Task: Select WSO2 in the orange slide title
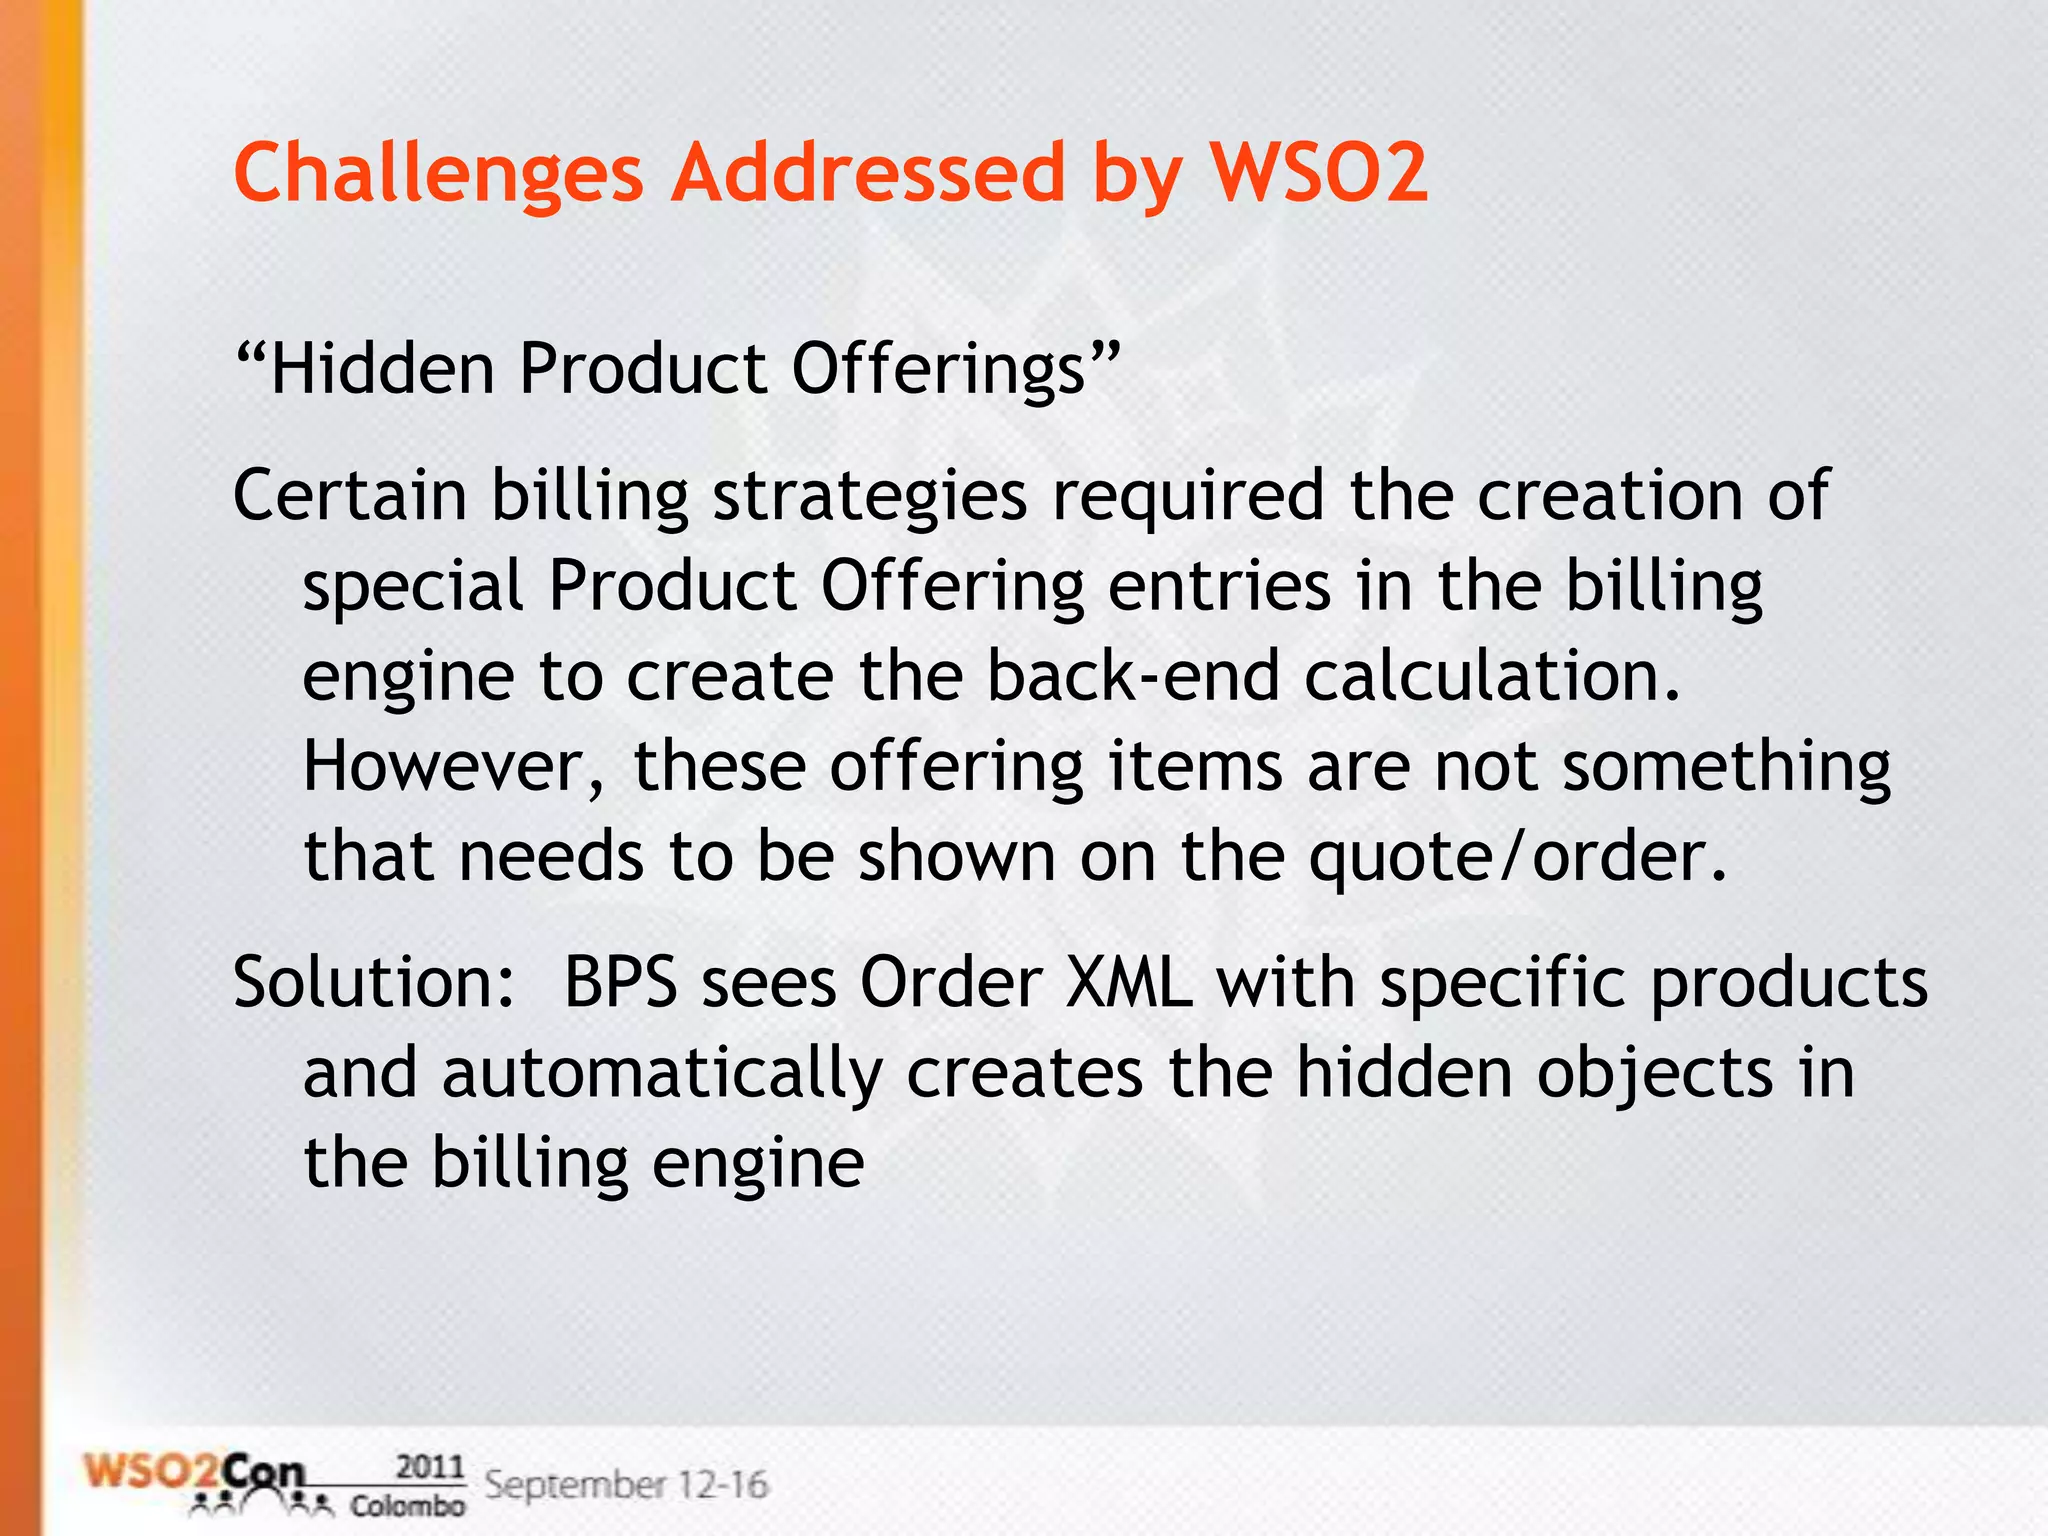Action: coord(1319,172)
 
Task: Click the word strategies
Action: coord(869,497)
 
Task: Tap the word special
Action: coord(413,587)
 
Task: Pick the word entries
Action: coord(1219,586)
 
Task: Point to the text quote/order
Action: coord(1518,858)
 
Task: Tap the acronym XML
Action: coord(1130,982)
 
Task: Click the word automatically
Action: coord(662,1073)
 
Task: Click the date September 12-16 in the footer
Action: coord(626,1484)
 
